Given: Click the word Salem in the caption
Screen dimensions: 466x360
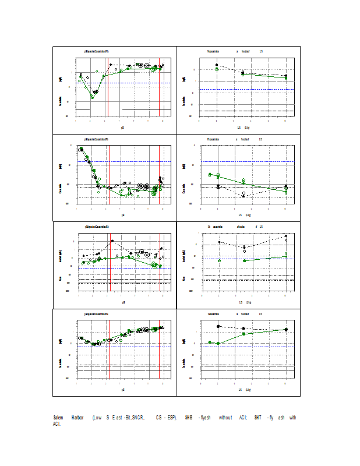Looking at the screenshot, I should coord(58,418).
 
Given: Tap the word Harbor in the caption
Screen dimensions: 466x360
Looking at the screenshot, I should coord(77,418).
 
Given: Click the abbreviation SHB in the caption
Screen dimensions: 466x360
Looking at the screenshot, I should coord(188,418).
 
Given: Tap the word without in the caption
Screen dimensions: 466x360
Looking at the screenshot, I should coord(225,418).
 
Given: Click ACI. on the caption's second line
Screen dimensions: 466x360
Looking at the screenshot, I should coord(57,424).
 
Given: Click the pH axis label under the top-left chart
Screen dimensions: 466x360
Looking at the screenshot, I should coord(123,126).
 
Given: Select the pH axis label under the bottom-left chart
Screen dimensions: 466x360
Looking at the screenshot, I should coord(123,389).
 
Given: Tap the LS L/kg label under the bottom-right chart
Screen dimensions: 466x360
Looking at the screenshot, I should coord(244,389).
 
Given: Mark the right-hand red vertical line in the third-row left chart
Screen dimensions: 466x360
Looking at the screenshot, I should coord(160,262).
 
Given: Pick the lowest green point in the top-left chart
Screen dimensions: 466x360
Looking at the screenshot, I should coord(93,97).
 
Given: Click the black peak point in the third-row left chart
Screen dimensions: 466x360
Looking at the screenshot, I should coord(112,241).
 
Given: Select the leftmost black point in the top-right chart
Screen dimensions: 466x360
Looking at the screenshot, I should coord(217,65).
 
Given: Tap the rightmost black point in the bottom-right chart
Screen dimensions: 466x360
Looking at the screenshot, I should coord(286,329).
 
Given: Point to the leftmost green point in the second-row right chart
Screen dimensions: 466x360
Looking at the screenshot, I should coord(210,174).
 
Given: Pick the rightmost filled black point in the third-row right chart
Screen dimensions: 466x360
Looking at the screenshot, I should coord(286,236).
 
